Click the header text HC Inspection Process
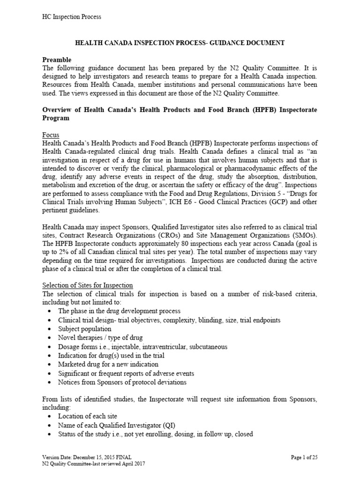(72, 17)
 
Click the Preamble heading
(57, 60)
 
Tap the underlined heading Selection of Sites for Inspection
(88, 285)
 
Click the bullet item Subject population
(85, 329)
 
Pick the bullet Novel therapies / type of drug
(100, 338)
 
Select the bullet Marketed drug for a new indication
(108, 364)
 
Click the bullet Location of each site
(88, 416)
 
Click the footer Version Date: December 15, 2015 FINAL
(87, 457)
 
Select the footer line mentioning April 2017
(94, 463)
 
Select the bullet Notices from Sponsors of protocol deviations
(122, 382)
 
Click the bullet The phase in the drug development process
(119, 311)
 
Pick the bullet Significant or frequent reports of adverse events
(126, 373)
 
